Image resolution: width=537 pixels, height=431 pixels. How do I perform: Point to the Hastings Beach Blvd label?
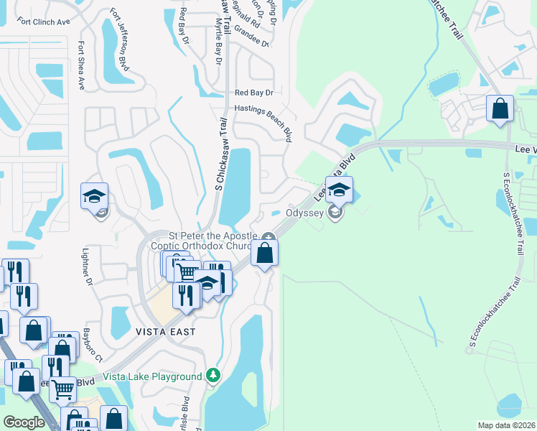263,117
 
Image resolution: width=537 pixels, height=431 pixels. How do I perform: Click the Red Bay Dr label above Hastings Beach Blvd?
255,93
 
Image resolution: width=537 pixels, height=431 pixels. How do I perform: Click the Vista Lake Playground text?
152,376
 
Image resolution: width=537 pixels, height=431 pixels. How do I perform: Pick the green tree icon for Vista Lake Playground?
213,376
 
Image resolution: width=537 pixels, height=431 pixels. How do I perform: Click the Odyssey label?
306,213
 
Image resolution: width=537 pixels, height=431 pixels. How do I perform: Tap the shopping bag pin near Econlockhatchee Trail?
500,109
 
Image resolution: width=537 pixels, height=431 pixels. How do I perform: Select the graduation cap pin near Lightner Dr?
93,195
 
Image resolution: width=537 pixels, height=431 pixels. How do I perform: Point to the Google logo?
24,422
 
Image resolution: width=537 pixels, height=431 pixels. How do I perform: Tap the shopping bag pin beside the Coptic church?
265,254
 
